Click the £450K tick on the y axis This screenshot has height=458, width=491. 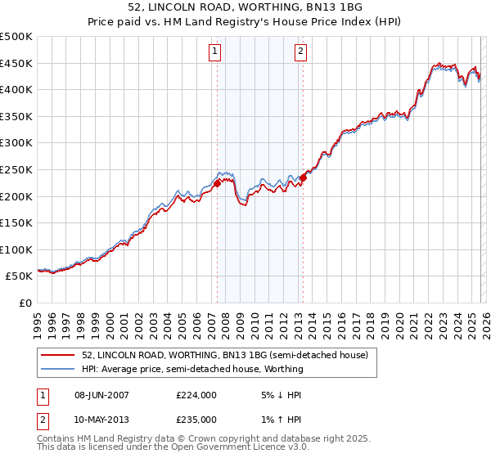click(16, 63)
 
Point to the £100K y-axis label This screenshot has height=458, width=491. click(16, 249)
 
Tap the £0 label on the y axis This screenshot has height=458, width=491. click(25, 303)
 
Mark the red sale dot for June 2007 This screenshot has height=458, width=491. click(217, 184)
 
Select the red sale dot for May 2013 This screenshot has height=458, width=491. click(303, 177)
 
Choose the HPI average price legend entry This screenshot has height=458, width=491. click(192, 369)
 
